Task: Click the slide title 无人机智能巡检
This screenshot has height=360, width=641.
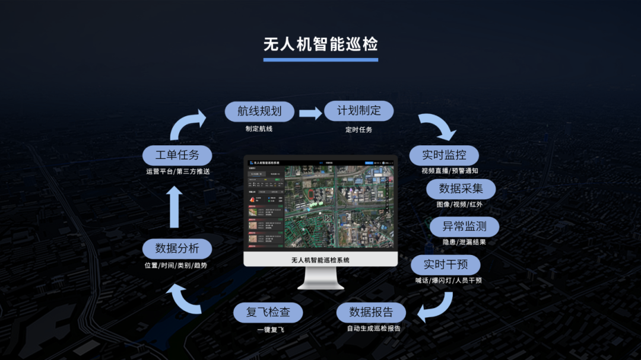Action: click(x=320, y=44)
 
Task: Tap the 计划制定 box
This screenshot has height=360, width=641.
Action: click(x=358, y=111)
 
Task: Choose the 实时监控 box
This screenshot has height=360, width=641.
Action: click(x=444, y=155)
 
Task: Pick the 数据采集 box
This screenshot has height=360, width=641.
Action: click(x=461, y=189)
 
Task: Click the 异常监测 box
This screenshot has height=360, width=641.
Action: click(x=464, y=226)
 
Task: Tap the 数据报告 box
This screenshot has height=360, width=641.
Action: click(x=371, y=312)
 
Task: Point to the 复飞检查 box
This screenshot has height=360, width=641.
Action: click(x=268, y=312)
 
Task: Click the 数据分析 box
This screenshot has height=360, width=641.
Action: click(x=177, y=249)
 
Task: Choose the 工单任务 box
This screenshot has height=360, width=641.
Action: click(x=177, y=155)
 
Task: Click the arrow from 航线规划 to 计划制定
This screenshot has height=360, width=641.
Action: click(x=310, y=113)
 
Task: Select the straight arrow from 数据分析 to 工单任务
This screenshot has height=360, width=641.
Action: click(x=174, y=207)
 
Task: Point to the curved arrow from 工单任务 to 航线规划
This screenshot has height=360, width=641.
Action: click(x=186, y=125)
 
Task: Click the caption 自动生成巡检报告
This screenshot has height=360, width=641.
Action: click(x=374, y=328)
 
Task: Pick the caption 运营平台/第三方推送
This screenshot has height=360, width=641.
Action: click(x=177, y=171)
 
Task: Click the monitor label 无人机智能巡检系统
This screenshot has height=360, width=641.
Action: click(x=320, y=260)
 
